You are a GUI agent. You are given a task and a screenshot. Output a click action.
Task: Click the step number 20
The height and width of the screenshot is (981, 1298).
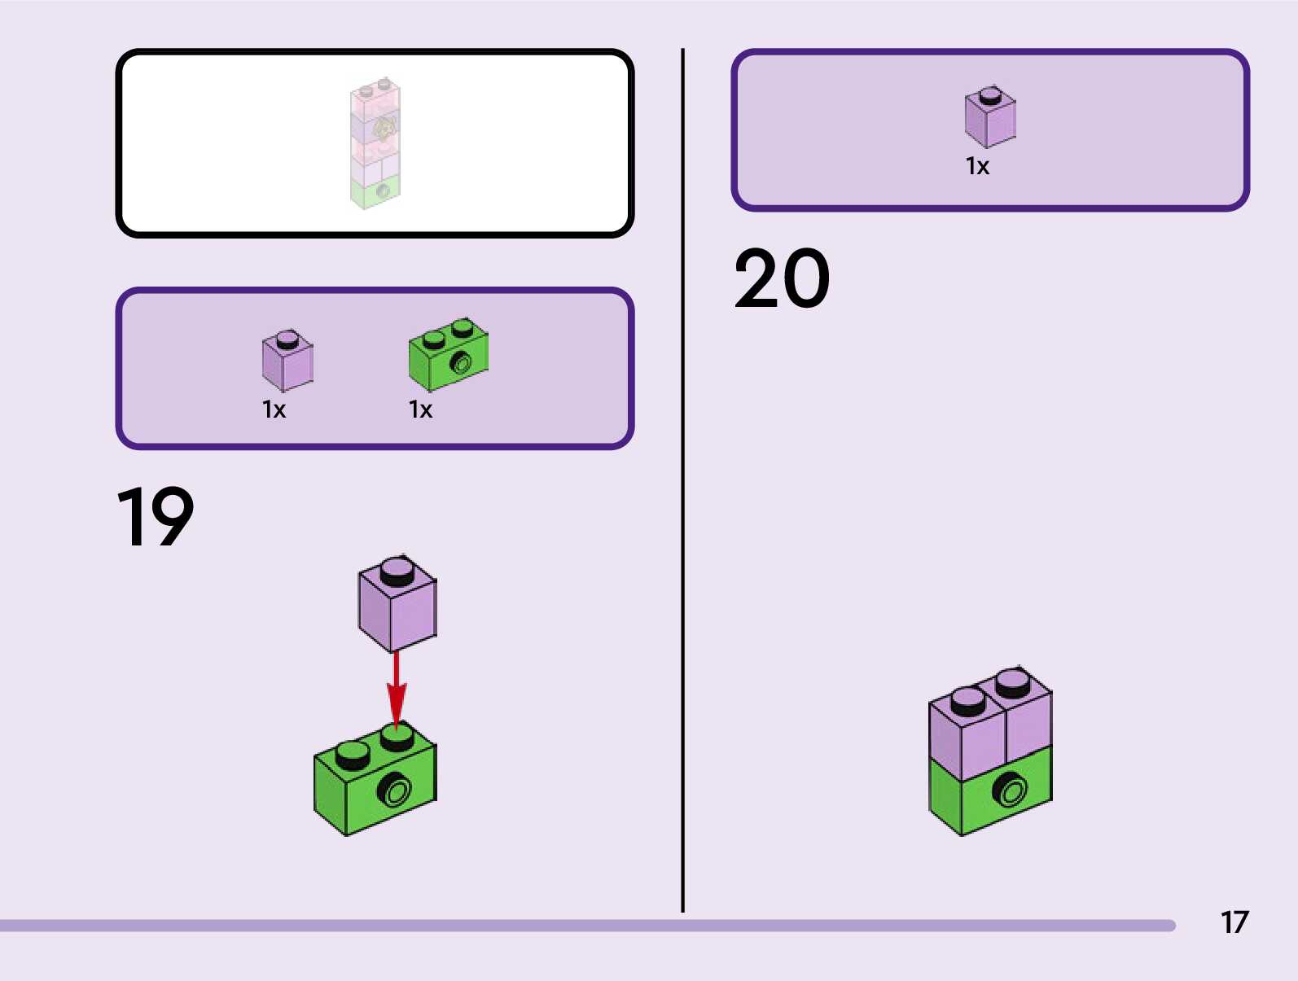782,279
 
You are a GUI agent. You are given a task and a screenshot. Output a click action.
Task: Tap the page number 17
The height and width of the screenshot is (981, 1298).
1234,922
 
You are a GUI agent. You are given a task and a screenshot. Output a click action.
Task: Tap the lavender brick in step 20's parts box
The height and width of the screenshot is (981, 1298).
990,118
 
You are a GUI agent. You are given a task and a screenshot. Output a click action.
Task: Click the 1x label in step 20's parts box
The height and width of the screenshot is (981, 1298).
977,166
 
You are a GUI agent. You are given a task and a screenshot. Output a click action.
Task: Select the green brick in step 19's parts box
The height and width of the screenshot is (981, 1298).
448,356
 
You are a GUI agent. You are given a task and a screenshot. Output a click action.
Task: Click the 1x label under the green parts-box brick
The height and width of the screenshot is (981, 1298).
420,409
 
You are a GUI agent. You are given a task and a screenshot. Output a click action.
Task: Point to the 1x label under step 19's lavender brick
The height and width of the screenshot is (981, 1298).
274,409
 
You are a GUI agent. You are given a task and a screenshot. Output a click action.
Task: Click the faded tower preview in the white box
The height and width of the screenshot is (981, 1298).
375,143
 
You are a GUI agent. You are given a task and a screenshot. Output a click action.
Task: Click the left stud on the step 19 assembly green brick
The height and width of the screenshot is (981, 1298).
352,755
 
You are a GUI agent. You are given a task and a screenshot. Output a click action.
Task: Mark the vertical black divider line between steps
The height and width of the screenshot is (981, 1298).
682,480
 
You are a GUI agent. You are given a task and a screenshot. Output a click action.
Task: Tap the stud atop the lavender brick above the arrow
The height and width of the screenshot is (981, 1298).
397,572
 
